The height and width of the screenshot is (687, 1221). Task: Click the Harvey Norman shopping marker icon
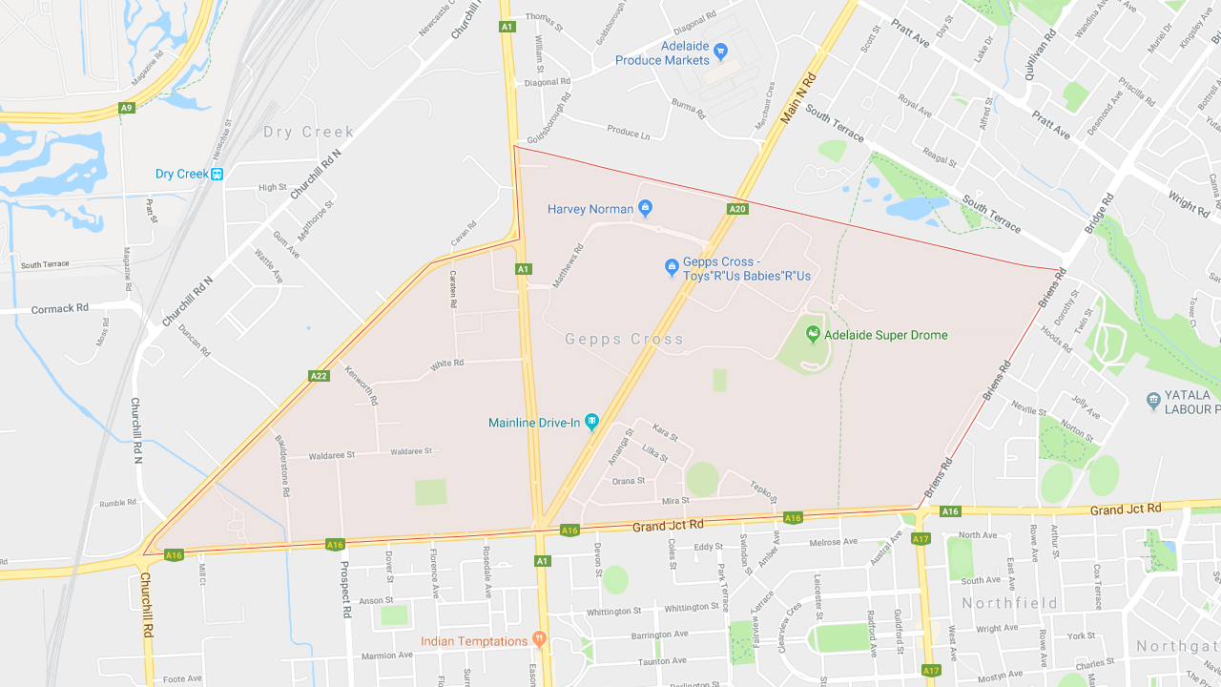coord(645,207)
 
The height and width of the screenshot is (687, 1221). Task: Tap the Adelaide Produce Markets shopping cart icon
coord(720,50)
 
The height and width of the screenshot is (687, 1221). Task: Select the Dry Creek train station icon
coord(217,174)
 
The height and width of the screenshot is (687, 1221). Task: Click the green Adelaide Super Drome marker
coord(813,333)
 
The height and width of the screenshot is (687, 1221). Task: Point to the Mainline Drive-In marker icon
coord(591,421)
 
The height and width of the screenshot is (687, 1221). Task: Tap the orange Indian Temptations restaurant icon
coord(539,639)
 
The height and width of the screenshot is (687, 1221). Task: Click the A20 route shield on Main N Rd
coord(736,209)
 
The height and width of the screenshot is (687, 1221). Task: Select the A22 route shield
coord(319,376)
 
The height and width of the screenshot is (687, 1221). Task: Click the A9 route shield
coord(127,108)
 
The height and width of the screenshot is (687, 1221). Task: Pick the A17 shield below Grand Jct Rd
coord(921,539)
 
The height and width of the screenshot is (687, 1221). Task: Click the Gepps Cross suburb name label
coord(624,339)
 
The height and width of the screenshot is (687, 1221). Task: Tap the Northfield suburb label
coord(1009,603)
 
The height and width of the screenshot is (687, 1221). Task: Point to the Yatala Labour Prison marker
coord(1153,398)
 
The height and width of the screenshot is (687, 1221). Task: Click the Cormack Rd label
coord(59,309)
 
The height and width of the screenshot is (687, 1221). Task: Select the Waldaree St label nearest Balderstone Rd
coord(332,456)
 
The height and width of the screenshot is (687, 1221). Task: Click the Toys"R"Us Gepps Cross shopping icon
coord(671,266)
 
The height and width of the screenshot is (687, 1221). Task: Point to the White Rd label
coord(446,364)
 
